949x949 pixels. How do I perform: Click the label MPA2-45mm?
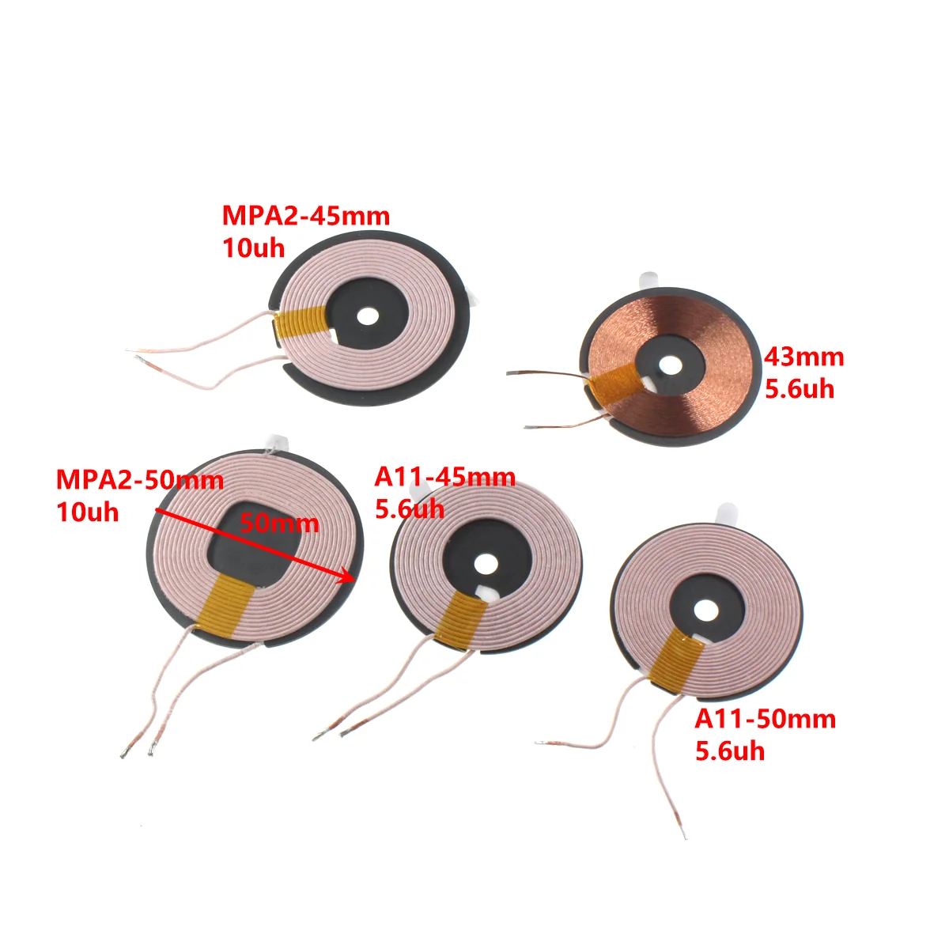(x=305, y=216)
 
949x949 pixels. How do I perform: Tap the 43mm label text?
(x=803, y=357)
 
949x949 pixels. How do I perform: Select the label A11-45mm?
(x=444, y=478)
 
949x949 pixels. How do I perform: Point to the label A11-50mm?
(x=765, y=719)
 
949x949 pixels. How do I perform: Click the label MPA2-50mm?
(x=139, y=480)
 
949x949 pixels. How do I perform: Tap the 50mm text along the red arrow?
(x=278, y=523)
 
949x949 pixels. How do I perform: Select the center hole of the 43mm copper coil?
(x=671, y=365)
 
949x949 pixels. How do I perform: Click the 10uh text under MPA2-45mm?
(x=253, y=248)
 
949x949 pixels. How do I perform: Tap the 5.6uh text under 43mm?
(x=799, y=389)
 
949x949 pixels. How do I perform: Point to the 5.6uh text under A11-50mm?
(x=730, y=751)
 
